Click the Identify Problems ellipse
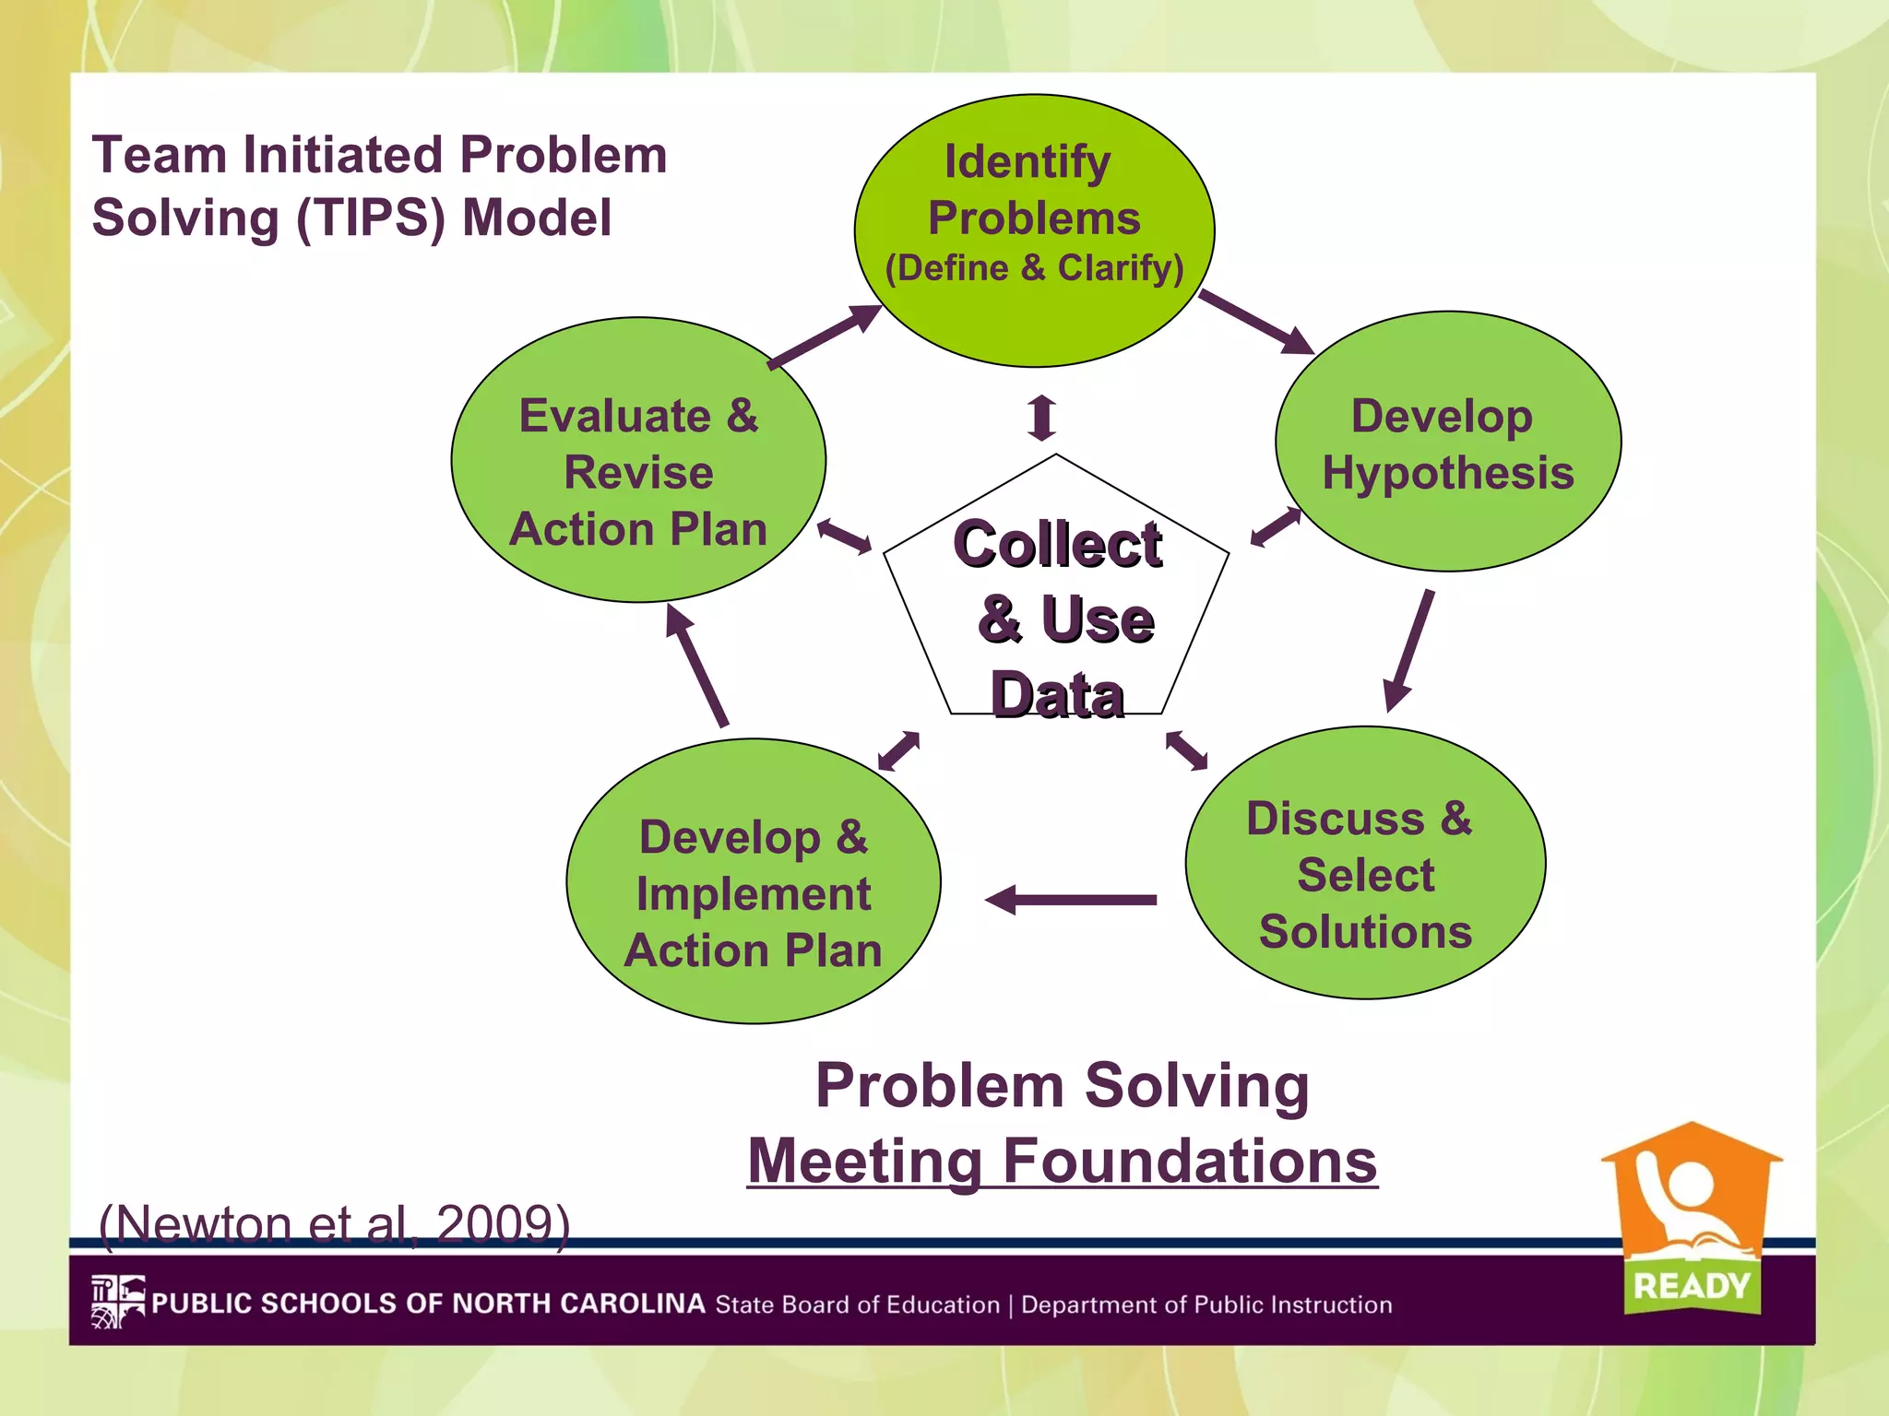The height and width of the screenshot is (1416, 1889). (1034, 230)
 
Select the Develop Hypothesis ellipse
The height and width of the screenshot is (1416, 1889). (1448, 442)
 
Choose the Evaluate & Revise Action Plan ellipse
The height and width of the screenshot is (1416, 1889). (638, 461)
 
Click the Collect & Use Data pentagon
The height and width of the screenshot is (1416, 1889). (1056, 599)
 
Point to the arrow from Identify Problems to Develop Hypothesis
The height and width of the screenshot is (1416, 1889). (1256, 322)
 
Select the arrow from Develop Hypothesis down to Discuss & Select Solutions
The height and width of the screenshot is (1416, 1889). (1409, 651)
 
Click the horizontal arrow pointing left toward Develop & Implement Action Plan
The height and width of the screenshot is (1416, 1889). (1070, 900)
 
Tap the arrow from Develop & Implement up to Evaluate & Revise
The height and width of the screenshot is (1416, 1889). (697, 666)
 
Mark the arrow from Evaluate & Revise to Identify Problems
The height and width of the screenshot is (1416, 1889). (825, 336)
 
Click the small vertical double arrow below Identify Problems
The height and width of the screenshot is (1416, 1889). (1042, 418)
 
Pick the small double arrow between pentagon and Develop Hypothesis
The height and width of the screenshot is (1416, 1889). (1276, 527)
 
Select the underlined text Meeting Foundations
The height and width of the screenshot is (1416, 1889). (1063, 1161)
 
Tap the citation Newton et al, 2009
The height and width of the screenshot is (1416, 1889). (334, 1224)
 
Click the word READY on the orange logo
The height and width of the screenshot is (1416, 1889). (1691, 1285)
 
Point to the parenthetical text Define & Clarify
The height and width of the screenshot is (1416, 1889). (1034, 268)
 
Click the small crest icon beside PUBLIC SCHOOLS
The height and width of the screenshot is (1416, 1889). (118, 1302)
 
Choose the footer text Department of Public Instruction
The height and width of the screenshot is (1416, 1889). (1206, 1305)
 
